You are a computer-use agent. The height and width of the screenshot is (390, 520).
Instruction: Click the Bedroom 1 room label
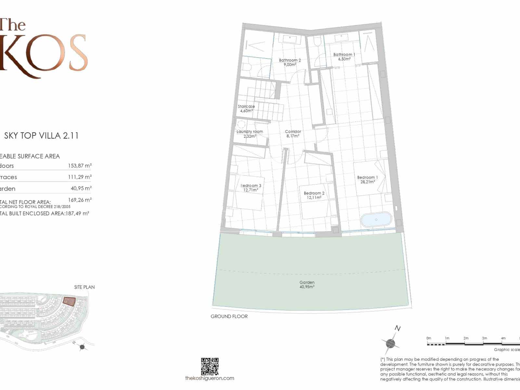click(367, 180)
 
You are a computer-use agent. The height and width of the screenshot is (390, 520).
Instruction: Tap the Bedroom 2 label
click(314, 195)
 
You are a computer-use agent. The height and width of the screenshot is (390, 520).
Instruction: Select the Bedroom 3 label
click(251, 188)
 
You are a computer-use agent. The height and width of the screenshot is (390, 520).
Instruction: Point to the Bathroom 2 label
click(290, 62)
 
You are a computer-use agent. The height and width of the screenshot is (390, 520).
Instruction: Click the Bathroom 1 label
click(344, 57)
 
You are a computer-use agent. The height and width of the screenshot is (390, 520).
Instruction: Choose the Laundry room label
click(250, 134)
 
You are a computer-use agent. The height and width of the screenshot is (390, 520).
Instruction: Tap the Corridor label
click(293, 134)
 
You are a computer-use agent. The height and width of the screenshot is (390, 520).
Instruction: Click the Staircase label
click(246, 109)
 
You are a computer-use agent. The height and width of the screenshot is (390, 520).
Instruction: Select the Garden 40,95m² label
click(307, 285)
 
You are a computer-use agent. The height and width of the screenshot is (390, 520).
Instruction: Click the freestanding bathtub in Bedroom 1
click(376, 219)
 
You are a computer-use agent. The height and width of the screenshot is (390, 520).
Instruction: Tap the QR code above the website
click(210, 366)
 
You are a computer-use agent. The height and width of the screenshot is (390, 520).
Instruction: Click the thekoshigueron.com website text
click(210, 378)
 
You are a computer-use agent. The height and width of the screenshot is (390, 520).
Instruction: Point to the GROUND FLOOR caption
click(229, 316)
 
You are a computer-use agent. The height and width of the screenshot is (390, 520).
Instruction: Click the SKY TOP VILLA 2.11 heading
click(41, 136)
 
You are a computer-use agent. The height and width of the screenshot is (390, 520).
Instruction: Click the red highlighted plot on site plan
click(69, 302)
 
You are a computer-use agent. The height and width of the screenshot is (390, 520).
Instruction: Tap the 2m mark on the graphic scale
click(466, 338)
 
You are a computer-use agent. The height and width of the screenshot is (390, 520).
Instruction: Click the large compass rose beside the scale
click(390, 343)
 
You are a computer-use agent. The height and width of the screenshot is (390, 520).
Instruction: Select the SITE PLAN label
click(84, 287)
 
